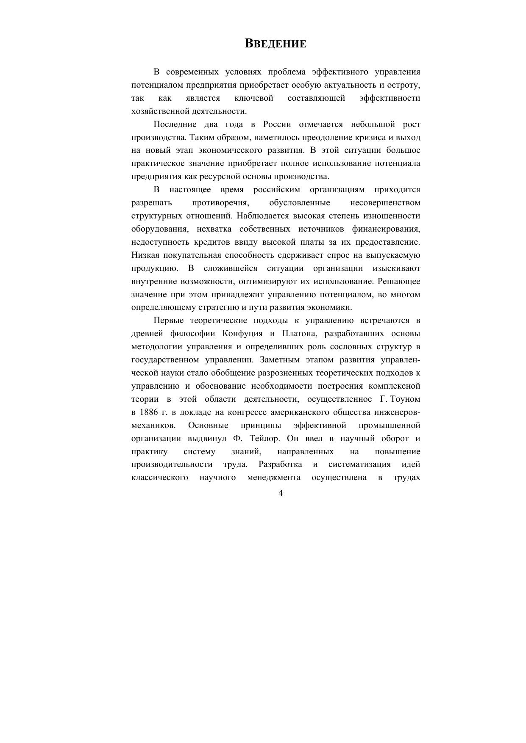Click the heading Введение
pyautogui.click(x=276, y=44)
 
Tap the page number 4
pyautogui.click(x=281, y=493)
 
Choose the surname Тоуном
pyautogui.click(x=405, y=399)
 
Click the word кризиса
pyautogui.click(x=368, y=138)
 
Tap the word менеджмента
pyautogui.click(x=274, y=478)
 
